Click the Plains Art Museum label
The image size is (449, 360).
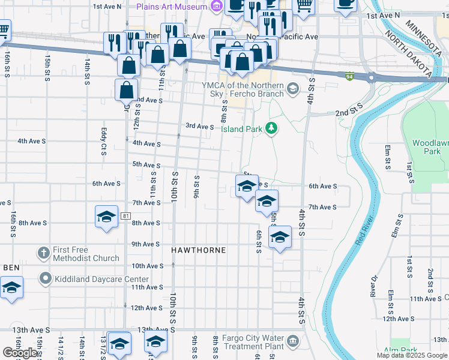(x=171, y=7)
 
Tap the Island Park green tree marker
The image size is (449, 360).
(x=271, y=128)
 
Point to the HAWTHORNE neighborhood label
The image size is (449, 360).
(x=199, y=250)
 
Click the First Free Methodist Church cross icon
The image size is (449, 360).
(x=43, y=253)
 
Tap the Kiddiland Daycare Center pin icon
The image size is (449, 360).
(x=43, y=279)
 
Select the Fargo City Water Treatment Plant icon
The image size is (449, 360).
(x=293, y=342)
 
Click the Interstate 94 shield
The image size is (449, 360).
(x=349, y=76)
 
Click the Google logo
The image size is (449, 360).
(x=20, y=353)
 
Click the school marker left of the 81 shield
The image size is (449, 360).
(x=106, y=217)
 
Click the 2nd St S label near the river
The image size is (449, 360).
(x=349, y=112)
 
